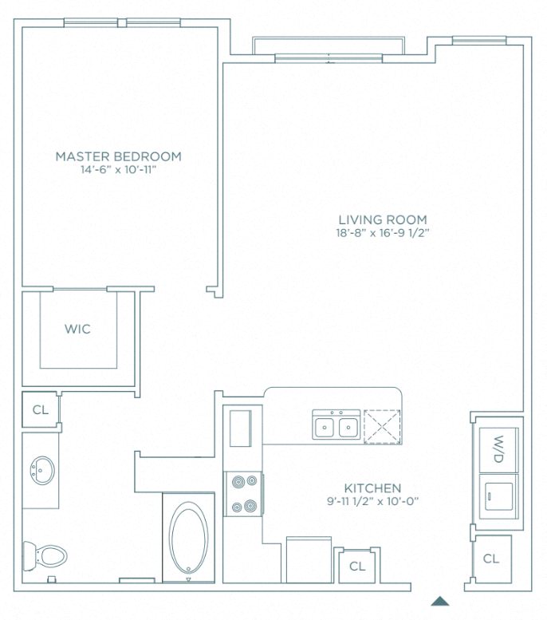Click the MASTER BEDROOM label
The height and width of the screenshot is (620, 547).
[x=118, y=156]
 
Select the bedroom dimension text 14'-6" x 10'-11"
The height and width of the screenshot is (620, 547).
[x=118, y=170]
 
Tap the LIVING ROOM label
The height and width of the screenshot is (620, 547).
[x=382, y=220]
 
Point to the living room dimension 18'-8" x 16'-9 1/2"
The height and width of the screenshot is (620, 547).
[x=382, y=234]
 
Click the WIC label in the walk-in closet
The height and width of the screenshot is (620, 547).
[x=77, y=330]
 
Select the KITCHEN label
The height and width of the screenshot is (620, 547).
[x=372, y=488]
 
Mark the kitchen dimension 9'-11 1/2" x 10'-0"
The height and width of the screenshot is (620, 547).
[x=372, y=501]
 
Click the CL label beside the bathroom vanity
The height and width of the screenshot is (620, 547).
[x=40, y=410]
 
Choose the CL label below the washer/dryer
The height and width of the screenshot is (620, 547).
[x=491, y=559]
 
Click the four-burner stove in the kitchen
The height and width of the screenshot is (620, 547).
[x=243, y=494]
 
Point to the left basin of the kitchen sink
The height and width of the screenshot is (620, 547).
[x=324, y=428]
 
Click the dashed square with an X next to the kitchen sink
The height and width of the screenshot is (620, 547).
[x=381, y=426]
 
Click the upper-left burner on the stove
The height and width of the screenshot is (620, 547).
[x=236, y=482]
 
